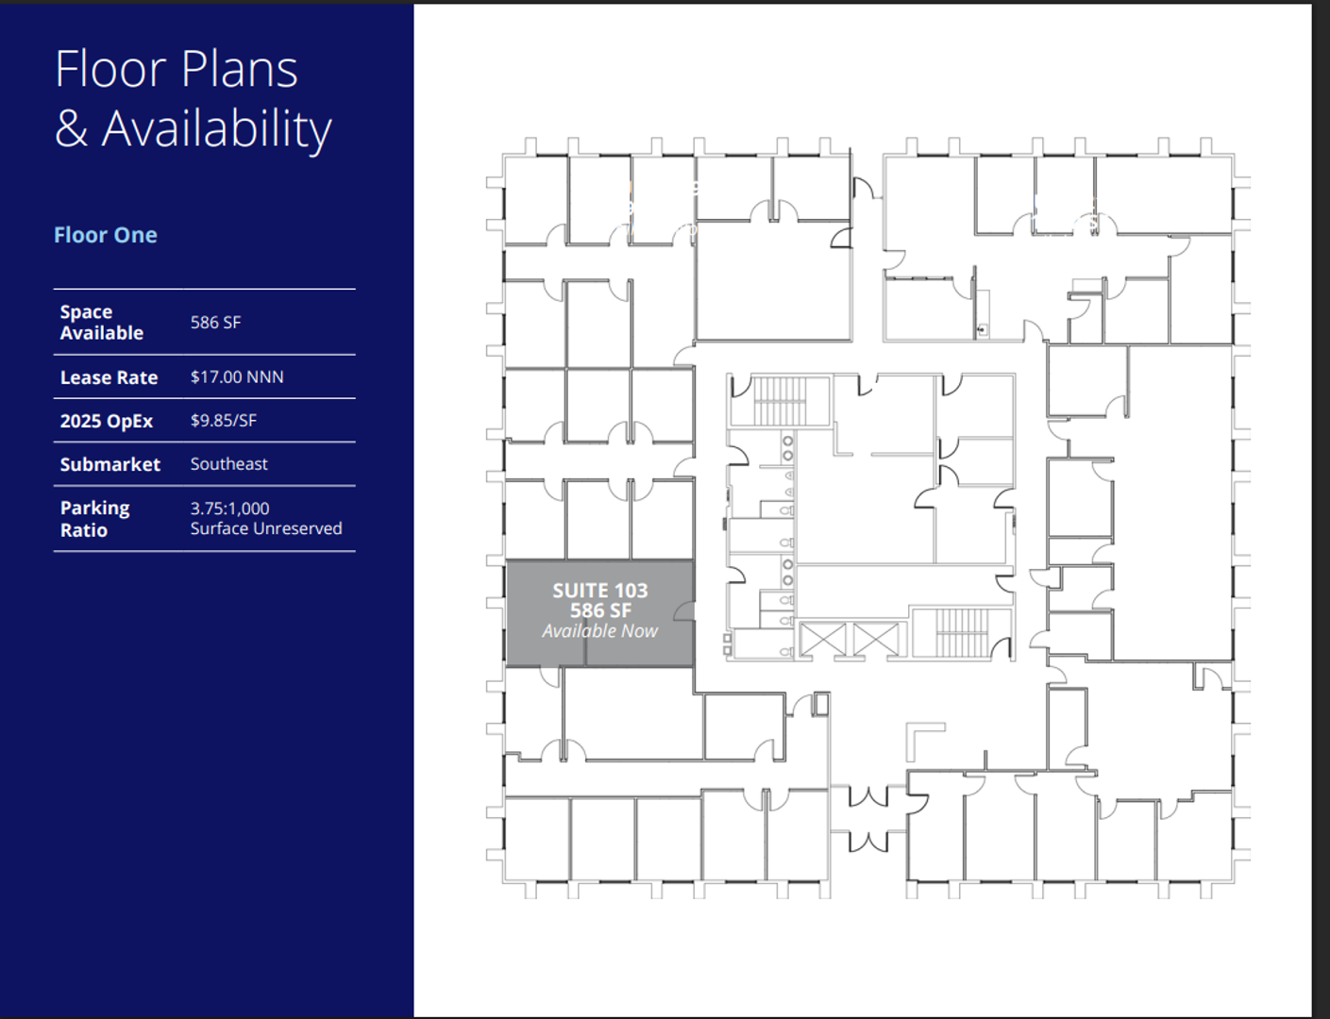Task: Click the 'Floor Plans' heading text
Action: click(177, 69)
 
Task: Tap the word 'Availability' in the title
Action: click(217, 130)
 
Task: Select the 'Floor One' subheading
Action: click(106, 235)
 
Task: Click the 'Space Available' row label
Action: click(102, 323)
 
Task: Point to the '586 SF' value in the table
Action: click(215, 323)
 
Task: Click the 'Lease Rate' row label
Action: click(109, 377)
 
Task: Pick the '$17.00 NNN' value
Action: click(237, 376)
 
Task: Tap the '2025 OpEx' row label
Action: click(107, 421)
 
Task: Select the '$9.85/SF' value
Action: click(224, 420)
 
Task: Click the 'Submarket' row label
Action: click(110, 464)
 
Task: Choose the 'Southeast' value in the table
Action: click(229, 463)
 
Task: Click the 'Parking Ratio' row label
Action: click(95, 519)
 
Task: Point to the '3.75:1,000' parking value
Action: click(229, 509)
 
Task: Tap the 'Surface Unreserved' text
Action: click(266, 528)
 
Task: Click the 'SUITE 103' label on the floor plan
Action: click(599, 591)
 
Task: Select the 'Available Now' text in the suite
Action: click(599, 630)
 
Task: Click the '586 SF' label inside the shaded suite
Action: click(600, 610)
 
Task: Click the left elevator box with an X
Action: click(823, 640)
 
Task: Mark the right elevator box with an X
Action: click(877, 640)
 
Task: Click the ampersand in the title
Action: click(71, 128)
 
